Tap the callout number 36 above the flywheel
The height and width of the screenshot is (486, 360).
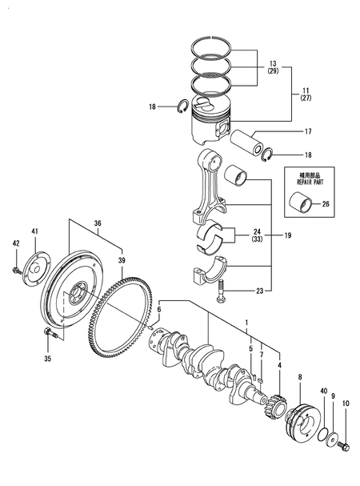pyautogui.click(x=98, y=224)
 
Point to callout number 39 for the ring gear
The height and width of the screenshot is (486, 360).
pyautogui.click(x=122, y=261)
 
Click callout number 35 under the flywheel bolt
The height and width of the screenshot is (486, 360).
pyautogui.click(x=47, y=359)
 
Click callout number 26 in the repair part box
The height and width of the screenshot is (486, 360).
pyautogui.click(x=325, y=203)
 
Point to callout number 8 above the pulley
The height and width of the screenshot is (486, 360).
pyautogui.click(x=300, y=376)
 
